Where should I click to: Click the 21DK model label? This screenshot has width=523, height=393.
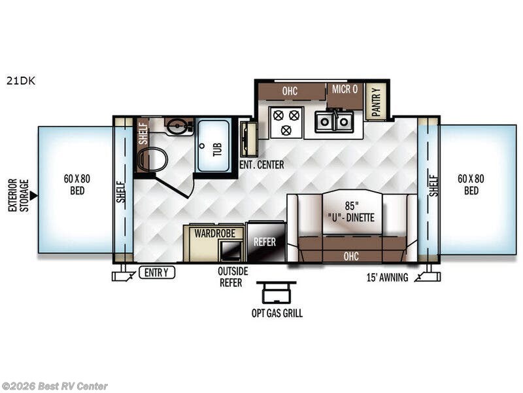click(21, 81)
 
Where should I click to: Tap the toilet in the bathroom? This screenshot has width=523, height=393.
click(152, 160)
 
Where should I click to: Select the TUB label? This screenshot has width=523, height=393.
click(217, 149)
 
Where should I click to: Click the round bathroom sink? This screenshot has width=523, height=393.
click(177, 126)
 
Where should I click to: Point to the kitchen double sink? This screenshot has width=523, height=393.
click(334, 121)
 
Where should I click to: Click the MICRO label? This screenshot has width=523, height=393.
click(345, 89)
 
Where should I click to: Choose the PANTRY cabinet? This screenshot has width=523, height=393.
click(376, 102)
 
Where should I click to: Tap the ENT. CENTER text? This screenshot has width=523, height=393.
click(262, 164)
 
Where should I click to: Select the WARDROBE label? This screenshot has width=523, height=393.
click(215, 233)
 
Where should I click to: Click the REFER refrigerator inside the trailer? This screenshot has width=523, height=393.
click(266, 241)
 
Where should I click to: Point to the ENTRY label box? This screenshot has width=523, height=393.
click(157, 272)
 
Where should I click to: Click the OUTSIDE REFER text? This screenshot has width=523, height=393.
click(233, 276)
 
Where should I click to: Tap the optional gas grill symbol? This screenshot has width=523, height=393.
click(276, 291)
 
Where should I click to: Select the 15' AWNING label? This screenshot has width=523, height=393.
click(387, 277)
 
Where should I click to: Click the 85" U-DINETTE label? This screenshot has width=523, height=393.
click(351, 212)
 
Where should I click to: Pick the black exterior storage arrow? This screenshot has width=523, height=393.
click(33, 196)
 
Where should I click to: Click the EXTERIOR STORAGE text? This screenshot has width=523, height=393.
click(18, 195)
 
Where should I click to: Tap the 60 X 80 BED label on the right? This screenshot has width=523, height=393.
click(471, 185)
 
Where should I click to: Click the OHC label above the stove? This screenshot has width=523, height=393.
click(290, 91)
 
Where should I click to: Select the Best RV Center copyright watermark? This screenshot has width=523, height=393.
click(54, 386)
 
